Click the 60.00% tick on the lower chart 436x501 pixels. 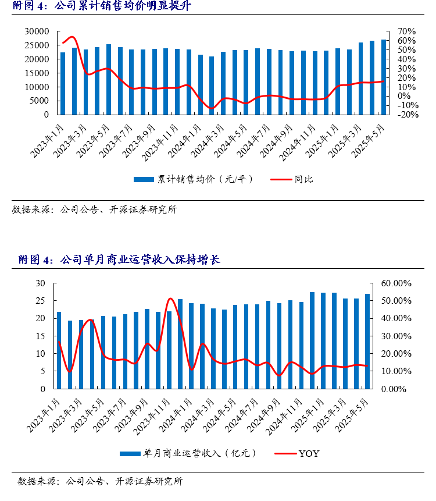(396, 283)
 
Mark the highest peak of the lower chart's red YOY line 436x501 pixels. (170, 299)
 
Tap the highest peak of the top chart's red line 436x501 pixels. (72, 37)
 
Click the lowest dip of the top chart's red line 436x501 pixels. (211, 108)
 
